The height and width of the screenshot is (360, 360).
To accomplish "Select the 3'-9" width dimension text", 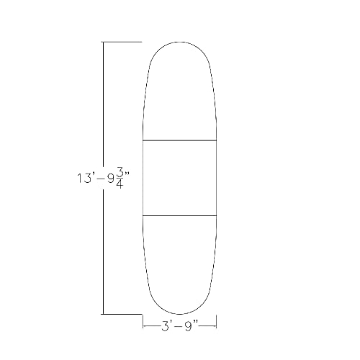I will coord(180,325).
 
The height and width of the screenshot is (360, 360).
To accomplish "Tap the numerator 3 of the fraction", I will coord(122,171).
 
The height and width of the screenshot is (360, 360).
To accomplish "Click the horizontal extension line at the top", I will coord(122,42).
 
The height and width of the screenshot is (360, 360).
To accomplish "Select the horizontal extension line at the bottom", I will coord(122,314).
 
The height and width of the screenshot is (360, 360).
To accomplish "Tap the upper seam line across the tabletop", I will coord(180,140).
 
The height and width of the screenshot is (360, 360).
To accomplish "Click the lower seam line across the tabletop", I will coord(180,215).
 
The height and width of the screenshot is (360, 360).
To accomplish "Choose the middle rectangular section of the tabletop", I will coord(180,177).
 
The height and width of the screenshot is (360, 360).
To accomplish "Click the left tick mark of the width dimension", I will coord(143,325).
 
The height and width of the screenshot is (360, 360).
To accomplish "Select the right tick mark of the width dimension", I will coord(217,325).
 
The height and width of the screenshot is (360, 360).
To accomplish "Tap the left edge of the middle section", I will coord(143,177).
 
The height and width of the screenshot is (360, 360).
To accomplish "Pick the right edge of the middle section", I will coord(217,177).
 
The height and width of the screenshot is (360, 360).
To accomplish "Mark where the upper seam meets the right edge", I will coord(217,140).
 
